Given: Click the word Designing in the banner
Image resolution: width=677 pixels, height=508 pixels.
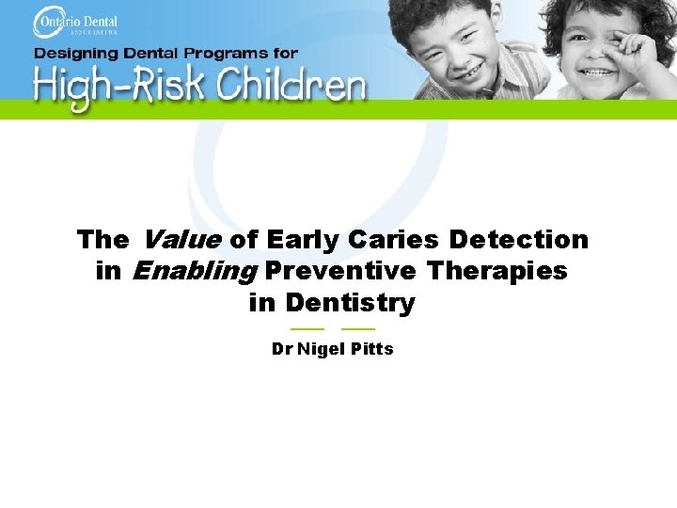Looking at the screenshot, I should coord(74,54).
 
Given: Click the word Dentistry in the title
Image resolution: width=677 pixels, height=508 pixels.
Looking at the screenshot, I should coord(350,303).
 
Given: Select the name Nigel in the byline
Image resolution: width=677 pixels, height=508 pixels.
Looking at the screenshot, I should coord(321,349).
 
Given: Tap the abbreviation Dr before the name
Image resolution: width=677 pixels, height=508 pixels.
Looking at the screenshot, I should coord(281,349).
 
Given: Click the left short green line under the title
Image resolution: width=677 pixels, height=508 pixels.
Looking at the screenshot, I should coord(307,328).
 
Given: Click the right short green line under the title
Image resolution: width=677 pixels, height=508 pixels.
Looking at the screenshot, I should coord(358,328).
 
